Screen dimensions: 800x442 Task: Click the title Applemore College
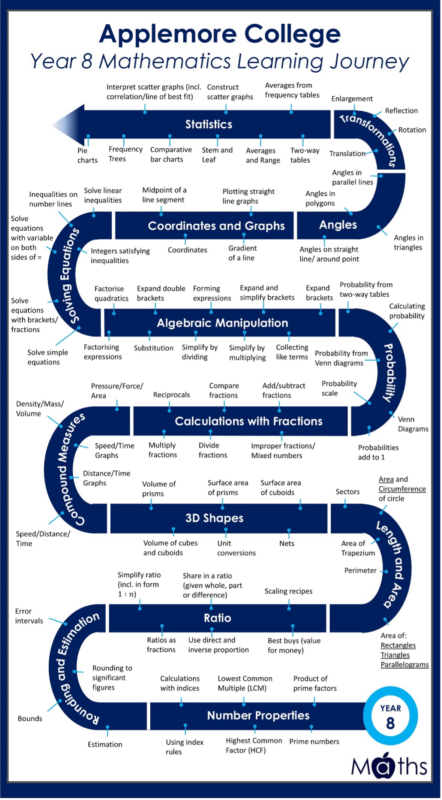220,34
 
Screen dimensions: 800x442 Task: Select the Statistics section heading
208,124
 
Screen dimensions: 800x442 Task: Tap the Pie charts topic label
87,155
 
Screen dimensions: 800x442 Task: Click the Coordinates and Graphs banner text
216,226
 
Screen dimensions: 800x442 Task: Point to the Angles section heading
338,225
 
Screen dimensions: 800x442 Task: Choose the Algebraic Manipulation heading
222,323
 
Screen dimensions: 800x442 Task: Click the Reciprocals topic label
171,395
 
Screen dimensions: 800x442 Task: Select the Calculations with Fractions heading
248,421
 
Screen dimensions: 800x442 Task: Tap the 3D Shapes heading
214,518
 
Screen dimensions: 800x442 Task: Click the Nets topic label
286,543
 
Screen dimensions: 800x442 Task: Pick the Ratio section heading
217,618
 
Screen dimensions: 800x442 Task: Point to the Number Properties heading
258,715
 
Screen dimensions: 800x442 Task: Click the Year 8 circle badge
390,716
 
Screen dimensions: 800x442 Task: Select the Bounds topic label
30,718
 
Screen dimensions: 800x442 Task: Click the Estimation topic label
105,744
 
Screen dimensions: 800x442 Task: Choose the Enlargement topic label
352,99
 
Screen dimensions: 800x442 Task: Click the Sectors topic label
347,492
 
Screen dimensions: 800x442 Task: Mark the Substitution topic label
153,348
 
